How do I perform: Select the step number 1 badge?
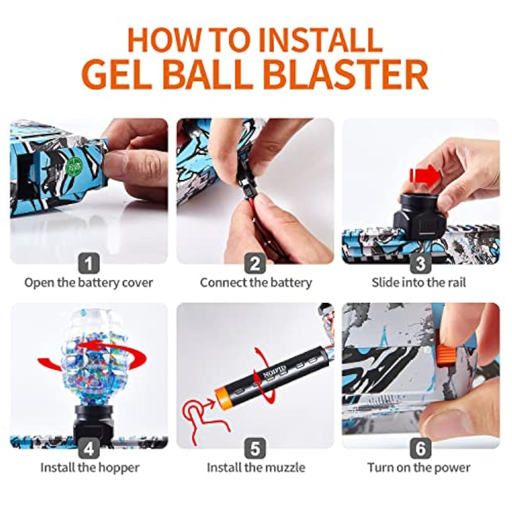pyautogui.click(x=88, y=264)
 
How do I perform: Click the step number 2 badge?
pyautogui.click(x=255, y=264)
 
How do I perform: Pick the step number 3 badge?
pyautogui.click(x=420, y=264)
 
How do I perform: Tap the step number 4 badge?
pyautogui.click(x=88, y=449)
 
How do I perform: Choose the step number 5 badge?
pyautogui.click(x=255, y=449)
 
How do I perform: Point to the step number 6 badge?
pyautogui.click(x=420, y=449)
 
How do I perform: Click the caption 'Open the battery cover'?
pyautogui.click(x=89, y=282)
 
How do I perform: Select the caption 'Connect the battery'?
pyautogui.click(x=256, y=282)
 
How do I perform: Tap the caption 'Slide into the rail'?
pyautogui.click(x=420, y=282)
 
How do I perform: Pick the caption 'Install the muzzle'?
pyautogui.click(x=256, y=467)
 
